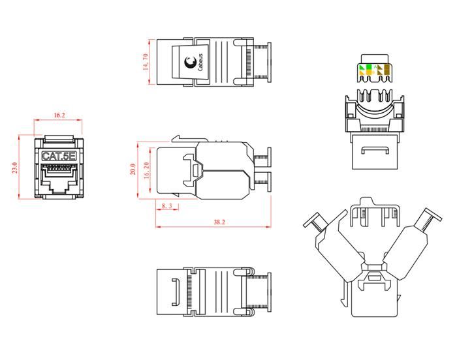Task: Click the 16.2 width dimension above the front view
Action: (59, 115)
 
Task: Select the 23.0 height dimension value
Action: (15, 168)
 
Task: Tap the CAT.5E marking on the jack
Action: (59, 156)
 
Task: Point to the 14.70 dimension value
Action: (146, 62)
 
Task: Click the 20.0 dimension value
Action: (133, 169)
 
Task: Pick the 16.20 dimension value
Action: (146, 170)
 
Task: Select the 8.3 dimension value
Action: (167, 206)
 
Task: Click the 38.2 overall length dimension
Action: (219, 222)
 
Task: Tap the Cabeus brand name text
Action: (200, 63)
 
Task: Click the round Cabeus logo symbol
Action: (191, 62)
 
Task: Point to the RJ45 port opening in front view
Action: (59, 177)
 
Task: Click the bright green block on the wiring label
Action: (369, 67)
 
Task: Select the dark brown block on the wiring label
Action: (386, 70)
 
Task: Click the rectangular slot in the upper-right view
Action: (375, 150)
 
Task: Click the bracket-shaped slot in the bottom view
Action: (175, 292)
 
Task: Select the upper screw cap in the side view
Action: (270, 157)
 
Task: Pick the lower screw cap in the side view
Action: (270, 181)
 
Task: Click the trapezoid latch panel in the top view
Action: (191, 62)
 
